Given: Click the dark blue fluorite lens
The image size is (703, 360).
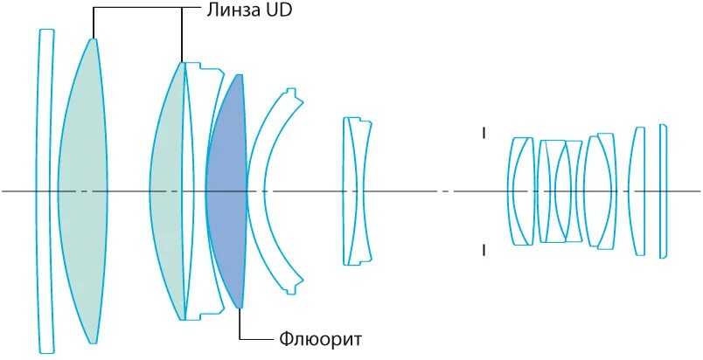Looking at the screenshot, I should [227, 190].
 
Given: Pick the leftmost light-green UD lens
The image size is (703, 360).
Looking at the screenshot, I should [82, 190].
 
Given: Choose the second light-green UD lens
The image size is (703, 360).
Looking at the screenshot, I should [167, 190].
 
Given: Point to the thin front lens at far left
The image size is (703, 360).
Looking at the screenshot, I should [45, 190].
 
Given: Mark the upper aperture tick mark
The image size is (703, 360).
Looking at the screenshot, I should [483, 134].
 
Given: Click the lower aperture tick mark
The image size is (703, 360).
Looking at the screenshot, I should [483, 251].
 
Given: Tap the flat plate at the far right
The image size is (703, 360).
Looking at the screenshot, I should [664, 190].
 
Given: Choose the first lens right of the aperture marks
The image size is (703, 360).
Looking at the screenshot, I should [521, 190].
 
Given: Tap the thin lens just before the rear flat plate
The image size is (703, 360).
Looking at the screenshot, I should [639, 190].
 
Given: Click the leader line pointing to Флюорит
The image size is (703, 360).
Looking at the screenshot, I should [240, 323].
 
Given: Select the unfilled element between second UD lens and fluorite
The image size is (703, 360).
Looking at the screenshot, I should [198, 190].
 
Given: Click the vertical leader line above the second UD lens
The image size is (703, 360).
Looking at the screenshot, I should [182, 35].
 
